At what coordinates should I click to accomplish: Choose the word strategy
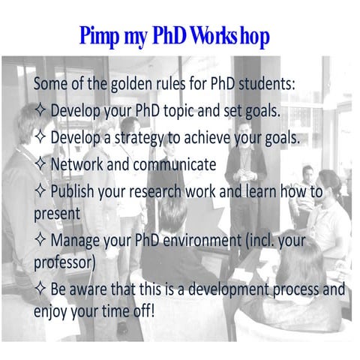[x=169, y=138]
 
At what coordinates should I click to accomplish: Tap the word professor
[x=64, y=262]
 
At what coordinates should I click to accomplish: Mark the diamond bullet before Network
[x=41, y=164]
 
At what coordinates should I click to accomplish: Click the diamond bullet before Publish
[x=41, y=192]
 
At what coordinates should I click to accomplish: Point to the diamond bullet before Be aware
[x=41, y=289]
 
